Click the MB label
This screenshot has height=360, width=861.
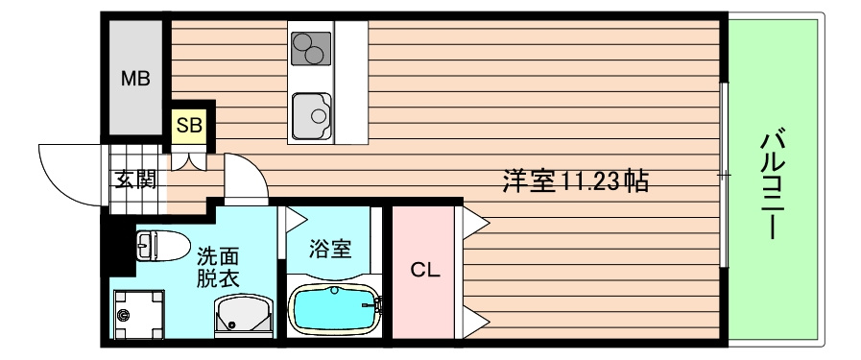(x=135, y=79)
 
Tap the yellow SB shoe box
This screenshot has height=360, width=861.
(x=190, y=126)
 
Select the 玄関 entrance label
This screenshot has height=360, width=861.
(x=135, y=179)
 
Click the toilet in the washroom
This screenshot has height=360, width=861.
(x=162, y=245)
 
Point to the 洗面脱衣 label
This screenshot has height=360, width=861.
(x=218, y=268)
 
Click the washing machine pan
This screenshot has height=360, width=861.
(x=138, y=315)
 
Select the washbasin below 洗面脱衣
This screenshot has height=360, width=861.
(x=244, y=315)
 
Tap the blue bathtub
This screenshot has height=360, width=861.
(x=334, y=309)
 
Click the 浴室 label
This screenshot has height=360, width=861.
(x=329, y=250)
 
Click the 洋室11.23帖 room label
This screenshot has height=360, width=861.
(x=576, y=180)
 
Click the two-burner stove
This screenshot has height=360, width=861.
(x=311, y=48)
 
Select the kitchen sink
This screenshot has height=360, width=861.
(x=311, y=116)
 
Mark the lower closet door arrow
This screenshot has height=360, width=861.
(x=475, y=321)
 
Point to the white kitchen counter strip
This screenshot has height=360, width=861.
(x=351, y=83)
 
